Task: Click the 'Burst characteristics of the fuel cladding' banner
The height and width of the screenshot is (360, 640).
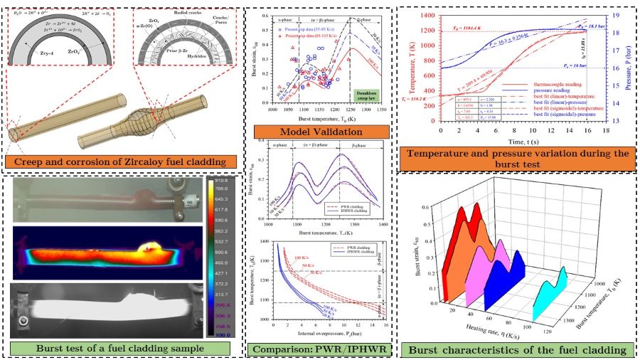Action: coord(516,349)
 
